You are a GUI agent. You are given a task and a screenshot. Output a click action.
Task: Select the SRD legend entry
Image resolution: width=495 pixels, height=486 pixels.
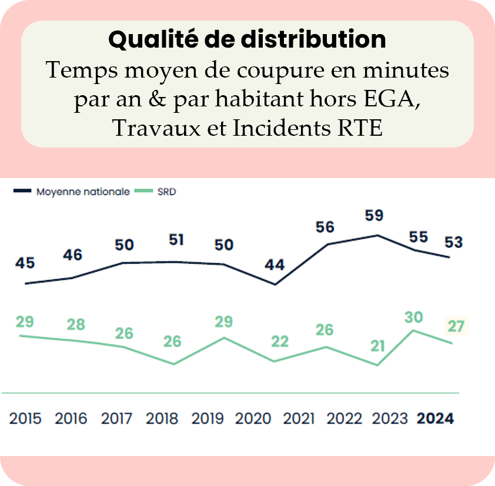point(167,192)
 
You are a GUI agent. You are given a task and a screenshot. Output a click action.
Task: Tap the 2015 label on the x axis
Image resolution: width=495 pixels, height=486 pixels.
point(26,419)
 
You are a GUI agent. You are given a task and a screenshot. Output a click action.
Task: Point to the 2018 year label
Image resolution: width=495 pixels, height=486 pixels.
point(162,419)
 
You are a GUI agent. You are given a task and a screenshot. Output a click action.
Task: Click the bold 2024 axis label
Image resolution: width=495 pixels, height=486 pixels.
point(435,419)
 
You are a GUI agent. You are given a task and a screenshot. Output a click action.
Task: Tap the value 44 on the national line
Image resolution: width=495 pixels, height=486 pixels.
point(274,265)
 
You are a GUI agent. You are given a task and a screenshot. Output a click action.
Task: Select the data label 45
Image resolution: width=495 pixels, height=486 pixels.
point(25,263)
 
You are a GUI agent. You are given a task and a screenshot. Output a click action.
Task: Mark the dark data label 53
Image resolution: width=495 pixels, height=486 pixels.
point(453,242)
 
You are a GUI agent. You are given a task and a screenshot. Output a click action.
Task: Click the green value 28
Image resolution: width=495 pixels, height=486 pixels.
point(76,324)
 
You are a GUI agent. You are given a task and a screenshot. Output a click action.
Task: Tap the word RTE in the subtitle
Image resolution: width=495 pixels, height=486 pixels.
point(360,128)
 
